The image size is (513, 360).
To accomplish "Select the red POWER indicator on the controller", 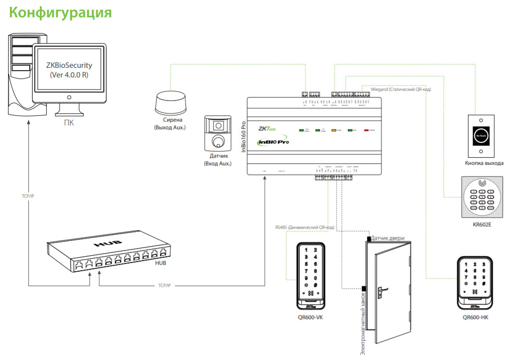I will [367, 130].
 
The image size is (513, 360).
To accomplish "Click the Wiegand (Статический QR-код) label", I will [401, 89].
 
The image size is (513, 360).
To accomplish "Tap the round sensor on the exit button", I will [481, 136].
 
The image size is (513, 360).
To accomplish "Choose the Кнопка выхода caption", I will [484, 163].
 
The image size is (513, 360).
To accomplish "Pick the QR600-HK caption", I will [476, 317].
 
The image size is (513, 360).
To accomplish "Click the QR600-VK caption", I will [310, 317].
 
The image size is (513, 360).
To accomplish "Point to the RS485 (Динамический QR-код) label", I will [305, 227].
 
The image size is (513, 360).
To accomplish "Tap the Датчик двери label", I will [388, 238].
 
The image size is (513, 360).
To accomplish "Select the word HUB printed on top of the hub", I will [105, 244].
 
